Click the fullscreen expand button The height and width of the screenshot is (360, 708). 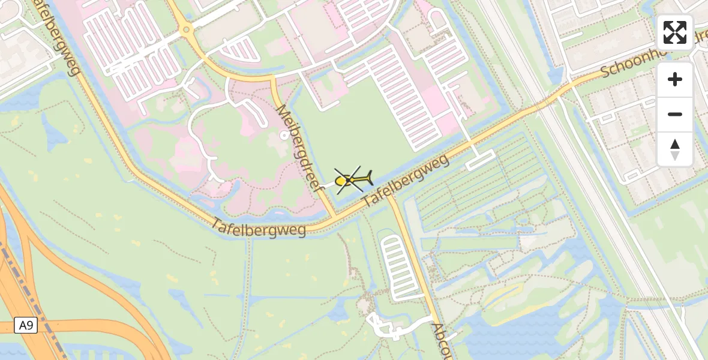click(x=675, y=32)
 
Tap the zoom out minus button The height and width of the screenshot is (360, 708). click(x=675, y=114)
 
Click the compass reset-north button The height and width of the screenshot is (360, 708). click(x=675, y=149)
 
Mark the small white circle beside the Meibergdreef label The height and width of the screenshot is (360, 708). click(x=284, y=136)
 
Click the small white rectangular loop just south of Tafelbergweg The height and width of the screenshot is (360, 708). click(x=480, y=160)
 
